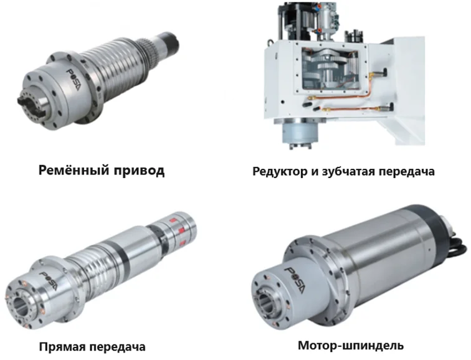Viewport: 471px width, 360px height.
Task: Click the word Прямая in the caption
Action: point(62,347)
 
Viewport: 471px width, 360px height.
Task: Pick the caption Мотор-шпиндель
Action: point(351,346)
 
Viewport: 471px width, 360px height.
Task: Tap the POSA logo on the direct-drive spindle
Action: point(49,281)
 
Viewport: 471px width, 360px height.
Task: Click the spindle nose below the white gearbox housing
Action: point(300,134)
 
